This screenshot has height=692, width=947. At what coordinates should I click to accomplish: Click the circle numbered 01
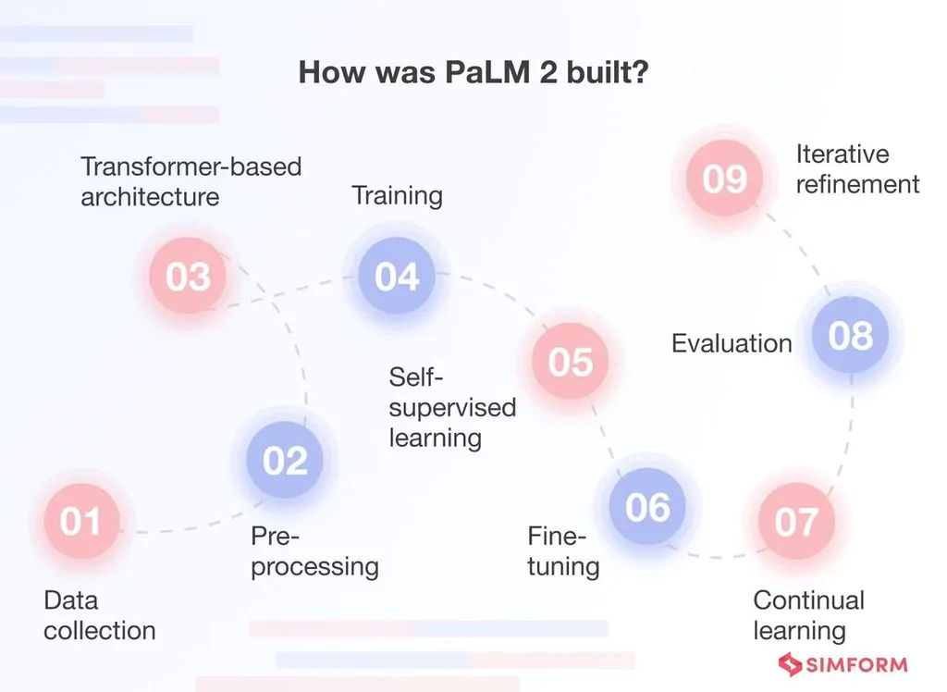(80, 522)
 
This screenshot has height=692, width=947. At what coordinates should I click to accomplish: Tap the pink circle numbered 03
(188, 277)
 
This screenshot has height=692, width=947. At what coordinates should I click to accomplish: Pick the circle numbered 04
(397, 276)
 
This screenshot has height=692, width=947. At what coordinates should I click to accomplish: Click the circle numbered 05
(570, 362)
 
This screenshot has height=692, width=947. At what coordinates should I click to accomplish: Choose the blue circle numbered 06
(647, 507)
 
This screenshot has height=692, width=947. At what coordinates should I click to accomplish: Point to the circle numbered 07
(796, 522)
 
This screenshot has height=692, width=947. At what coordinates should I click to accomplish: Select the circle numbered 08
(850, 336)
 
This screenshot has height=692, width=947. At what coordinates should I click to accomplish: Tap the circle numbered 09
(724, 178)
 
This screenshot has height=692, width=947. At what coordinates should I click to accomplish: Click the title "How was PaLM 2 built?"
(473, 73)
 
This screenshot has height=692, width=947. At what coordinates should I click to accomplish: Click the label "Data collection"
(99, 615)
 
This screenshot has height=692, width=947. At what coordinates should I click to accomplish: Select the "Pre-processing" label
(314, 551)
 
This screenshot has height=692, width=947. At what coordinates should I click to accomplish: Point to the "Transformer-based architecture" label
(191, 181)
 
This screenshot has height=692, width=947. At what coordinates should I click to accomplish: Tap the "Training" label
(397, 196)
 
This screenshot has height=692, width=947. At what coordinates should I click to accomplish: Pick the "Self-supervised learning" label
(451, 407)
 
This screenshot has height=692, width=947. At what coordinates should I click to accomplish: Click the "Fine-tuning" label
(563, 551)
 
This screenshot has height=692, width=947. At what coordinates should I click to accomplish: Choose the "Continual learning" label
(808, 615)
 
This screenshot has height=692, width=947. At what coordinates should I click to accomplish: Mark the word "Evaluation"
(732, 343)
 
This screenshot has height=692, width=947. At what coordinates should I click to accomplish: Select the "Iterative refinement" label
(857, 168)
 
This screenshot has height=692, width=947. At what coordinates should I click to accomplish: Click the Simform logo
(842, 664)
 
